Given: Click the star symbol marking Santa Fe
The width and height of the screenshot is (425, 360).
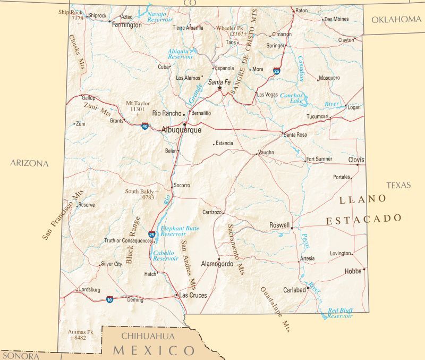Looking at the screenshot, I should click(220, 88).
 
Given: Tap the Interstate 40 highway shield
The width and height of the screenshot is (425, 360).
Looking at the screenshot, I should click(145, 126).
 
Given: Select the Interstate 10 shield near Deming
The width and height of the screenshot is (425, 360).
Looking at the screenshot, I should click(109, 299).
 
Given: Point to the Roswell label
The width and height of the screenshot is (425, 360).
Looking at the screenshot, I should click(279, 225).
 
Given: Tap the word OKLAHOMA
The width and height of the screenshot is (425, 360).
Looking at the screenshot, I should click(396, 20).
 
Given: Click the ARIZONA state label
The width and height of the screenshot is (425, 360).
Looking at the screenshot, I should click(29, 163).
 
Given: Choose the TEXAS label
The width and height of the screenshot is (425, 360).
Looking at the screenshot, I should click(399, 186).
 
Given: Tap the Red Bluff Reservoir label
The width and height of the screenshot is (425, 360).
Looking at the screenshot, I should click(340, 313).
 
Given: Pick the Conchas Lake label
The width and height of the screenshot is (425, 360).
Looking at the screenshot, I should click(294, 98).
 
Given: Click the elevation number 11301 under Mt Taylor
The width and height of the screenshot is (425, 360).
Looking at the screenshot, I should click(138, 110).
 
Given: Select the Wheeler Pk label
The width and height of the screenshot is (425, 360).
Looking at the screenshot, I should click(229, 28).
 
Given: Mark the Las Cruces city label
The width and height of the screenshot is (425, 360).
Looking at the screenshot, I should click(193, 295).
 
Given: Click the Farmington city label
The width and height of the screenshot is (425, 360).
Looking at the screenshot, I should click(126, 24).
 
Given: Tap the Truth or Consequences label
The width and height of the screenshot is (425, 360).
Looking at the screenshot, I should click(128, 240).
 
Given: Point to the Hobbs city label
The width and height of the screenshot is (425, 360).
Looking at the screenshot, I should click(353, 271).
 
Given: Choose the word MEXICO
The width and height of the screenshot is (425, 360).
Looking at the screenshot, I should click(155, 351).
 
